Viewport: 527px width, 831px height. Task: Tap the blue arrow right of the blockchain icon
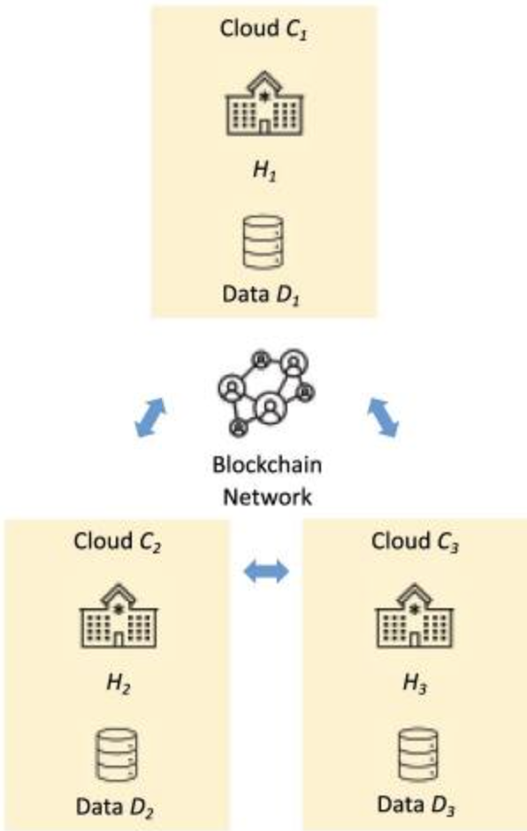pos(382,416)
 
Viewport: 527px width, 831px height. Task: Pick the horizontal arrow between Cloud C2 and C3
pos(266,573)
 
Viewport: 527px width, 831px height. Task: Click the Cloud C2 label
pos(117,540)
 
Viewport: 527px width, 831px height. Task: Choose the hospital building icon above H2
pos(117,609)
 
